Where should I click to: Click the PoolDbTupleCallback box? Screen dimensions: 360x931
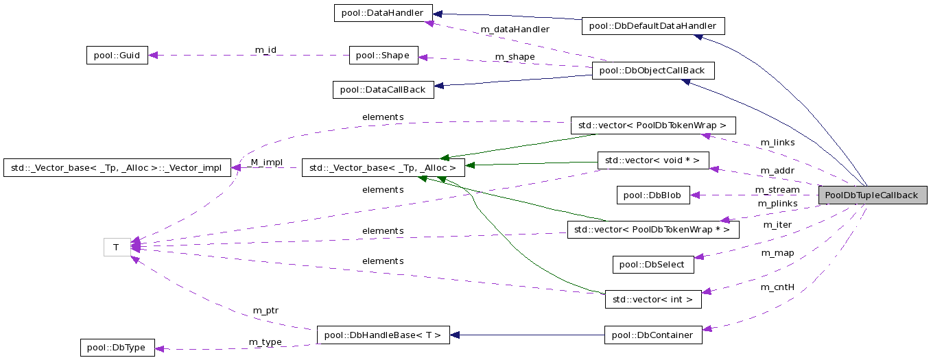[871, 195]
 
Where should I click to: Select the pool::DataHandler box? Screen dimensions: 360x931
[383, 13]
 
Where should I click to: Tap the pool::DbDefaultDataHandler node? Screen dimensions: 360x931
[652, 26]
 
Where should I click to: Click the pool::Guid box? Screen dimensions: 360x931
[117, 56]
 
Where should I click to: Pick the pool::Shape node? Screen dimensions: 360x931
[384, 56]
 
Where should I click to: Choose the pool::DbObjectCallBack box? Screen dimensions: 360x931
[652, 71]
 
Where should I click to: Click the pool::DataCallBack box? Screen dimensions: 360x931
[383, 89]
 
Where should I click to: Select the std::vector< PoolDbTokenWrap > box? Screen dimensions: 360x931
[652, 125]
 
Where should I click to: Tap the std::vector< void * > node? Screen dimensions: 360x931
[652, 160]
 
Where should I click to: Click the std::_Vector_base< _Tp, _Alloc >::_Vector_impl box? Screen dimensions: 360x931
[117, 168]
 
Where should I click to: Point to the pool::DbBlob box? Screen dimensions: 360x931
[652, 195]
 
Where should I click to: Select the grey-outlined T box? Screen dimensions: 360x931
[117, 247]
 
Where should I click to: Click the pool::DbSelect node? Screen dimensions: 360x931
[652, 264]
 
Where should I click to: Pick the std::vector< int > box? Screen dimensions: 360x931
[652, 299]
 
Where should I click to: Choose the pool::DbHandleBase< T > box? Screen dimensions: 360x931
[383, 335]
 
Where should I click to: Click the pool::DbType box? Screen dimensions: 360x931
[117, 348]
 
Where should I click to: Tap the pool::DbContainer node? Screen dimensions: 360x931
[652, 335]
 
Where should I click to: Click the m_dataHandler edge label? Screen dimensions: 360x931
[515, 29]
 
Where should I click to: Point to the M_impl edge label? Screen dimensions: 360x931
[266, 162]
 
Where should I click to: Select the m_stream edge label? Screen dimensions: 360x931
[777, 190]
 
